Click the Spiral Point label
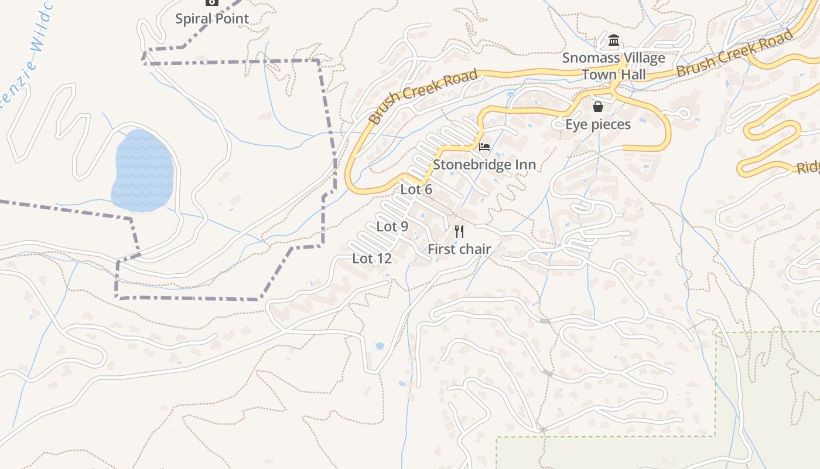(x=212, y=19)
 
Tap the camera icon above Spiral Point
(x=212, y=2)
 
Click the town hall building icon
(x=614, y=40)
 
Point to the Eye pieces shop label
(x=597, y=124)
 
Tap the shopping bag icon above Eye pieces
(x=598, y=107)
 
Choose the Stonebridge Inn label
(x=484, y=165)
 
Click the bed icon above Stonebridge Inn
(x=484, y=147)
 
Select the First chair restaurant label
(x=459, y=249)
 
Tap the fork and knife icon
(x=459, y=232)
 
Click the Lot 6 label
(x=416, y=189)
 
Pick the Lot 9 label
(x=392, y=226)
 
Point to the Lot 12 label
(x=371, y=259)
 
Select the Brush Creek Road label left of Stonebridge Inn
(x=423, y=97)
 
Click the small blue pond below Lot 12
(x=380, y=346)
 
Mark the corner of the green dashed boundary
(x=716, y=334)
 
